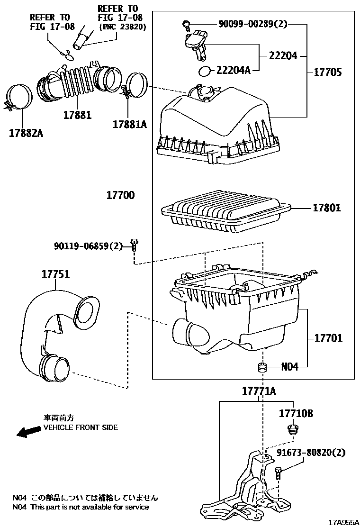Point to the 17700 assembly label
120,195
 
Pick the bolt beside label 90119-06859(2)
134,245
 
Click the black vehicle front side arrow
27,431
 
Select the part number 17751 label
55,274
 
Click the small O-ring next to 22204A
204,71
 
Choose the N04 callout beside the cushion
289,367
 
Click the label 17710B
296,414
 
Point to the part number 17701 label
327,338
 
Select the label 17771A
259,391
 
